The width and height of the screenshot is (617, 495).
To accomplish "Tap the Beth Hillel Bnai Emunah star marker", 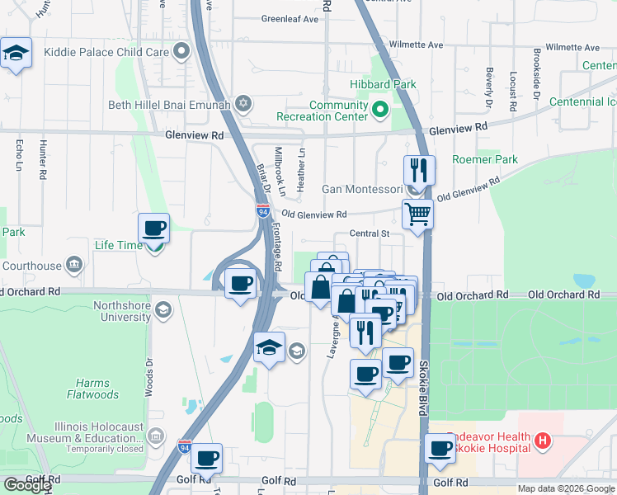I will point(243,104).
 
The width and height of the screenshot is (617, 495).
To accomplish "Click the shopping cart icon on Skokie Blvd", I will point(418,214).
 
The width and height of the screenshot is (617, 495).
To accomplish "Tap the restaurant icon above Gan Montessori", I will point(419,171).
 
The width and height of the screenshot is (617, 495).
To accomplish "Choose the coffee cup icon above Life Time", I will point(153,228).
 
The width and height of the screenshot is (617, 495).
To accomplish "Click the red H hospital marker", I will point(542,441).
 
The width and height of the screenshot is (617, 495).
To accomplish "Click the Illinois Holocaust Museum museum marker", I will point(157,437).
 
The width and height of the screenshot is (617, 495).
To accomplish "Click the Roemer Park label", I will point(484,159).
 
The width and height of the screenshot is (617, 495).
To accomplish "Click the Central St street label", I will point(369,233).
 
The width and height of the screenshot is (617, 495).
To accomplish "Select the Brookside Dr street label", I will point(537,81).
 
